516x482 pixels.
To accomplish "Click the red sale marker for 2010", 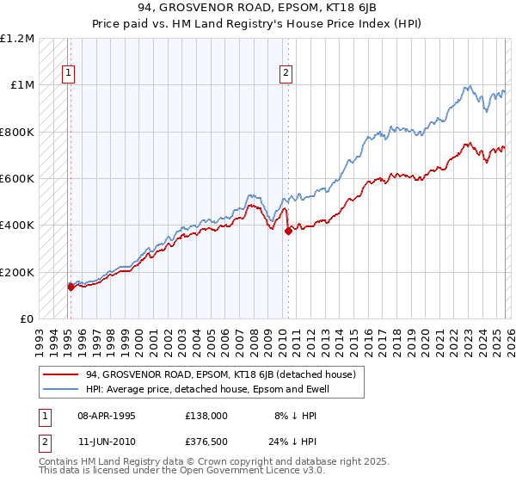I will pyautogui.click(x=288, y=231).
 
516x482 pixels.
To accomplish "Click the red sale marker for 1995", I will pyautogui.click(x=71, y=287).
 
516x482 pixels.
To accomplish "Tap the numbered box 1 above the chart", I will pyautogui.click(x=67, y=74).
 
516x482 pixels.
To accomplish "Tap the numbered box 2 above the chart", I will pyautogui.click(x=285, y=74).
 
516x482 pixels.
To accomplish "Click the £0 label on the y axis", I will pyautogui.click(x=27, y=319).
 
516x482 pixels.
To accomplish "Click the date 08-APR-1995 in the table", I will pyautogui.click(x=107, y=415).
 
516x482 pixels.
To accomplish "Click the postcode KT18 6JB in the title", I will pyautogui.click(x=322, y=8).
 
